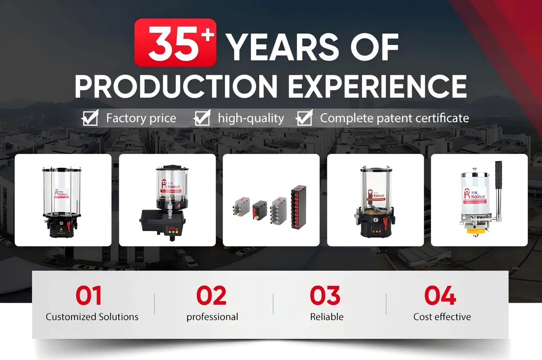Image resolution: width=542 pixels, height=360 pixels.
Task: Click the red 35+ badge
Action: (x=175, y=43)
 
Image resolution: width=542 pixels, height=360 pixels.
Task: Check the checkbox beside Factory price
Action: (x=90, y=119)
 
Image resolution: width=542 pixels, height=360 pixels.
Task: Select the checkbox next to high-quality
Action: (x=202, y=119)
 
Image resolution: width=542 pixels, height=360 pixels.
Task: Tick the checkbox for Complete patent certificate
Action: (x=304, y=119)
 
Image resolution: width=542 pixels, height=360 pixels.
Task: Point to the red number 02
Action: (x=211, y=296)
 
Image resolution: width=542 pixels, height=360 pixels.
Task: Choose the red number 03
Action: (x=325, y=296)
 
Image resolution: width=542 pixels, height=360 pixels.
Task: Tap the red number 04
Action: (x=440, y=296)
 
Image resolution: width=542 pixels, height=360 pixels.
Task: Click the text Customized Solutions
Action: (x=92, y=317)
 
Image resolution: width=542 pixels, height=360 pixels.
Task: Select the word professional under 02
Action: (x=212, y=317)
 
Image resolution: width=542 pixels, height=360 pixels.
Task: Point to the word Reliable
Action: (x=327, y=317)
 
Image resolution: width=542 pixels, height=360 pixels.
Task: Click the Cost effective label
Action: (x=442, y=317)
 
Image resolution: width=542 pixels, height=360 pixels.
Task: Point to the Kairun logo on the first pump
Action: (x=61, y=193)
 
